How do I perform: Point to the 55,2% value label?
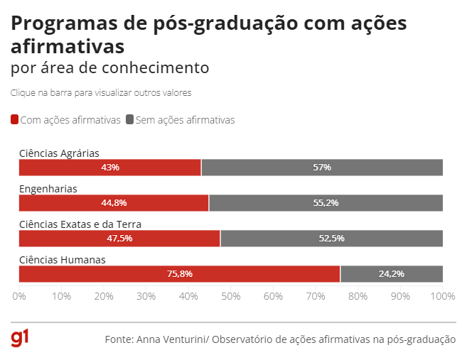[x=326, y=203]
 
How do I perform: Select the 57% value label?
[x=322, y=168]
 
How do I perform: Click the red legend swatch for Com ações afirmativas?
[x=15, y=120]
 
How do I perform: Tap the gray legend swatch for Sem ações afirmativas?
[x=129, y=120]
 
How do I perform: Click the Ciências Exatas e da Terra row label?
[x=80, y=224]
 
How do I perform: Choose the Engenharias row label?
[x=48, y=189]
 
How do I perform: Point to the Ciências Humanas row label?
[x=63, y=260]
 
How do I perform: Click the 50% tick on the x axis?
[x=231, y=295]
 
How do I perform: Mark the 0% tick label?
[x=19, y=295]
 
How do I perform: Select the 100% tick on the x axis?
[x=442, y=295]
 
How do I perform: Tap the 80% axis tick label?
[x=358, y=295]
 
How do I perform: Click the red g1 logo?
[x=19, y=339]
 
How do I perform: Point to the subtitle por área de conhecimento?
[x=110, y=68]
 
